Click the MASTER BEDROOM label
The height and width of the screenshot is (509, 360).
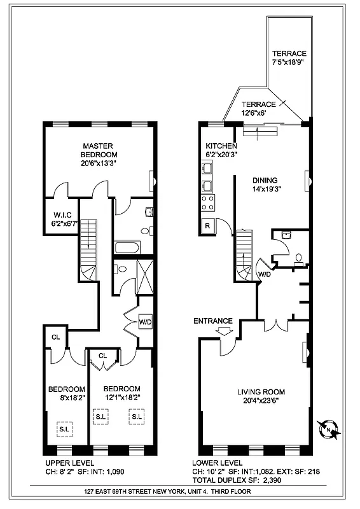pyautogui.click(x=99, y=150)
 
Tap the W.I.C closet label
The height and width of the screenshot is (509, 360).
pyautogui.click(x=62, y=214)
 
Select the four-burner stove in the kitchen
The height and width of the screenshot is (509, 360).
pyautogui.click(x=207, y=203)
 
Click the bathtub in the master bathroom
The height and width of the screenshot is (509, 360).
pyautogui.click(x=128, y=246)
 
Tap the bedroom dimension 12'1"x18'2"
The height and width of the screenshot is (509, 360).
pyautogui.click(x=121, y=397)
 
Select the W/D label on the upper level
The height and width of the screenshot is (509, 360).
pyautogui.click(x=146, y=322)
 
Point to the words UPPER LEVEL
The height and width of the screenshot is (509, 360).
pyautogui.click(x=69, y=463)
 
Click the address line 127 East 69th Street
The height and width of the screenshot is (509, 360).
pyautogui.click(x=172, y=492)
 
